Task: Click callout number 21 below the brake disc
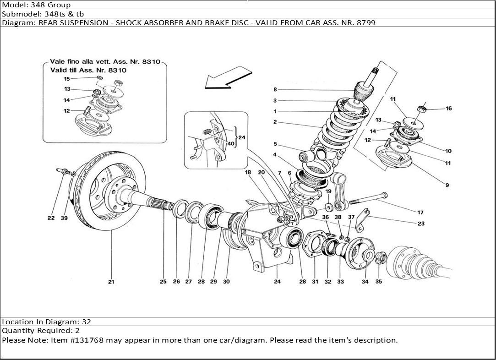coord(111,282)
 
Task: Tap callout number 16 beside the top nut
coord(448,109)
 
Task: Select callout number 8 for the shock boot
coord(275,90)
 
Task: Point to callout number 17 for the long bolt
coord(420,213)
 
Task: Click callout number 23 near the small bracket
coord(421,224)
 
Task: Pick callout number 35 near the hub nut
coord(379,282)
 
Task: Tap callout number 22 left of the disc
coord(51,218)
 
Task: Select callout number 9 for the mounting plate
coord(447,185)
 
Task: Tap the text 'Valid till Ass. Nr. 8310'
coord(88,71)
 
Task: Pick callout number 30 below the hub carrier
coord(226,282)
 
